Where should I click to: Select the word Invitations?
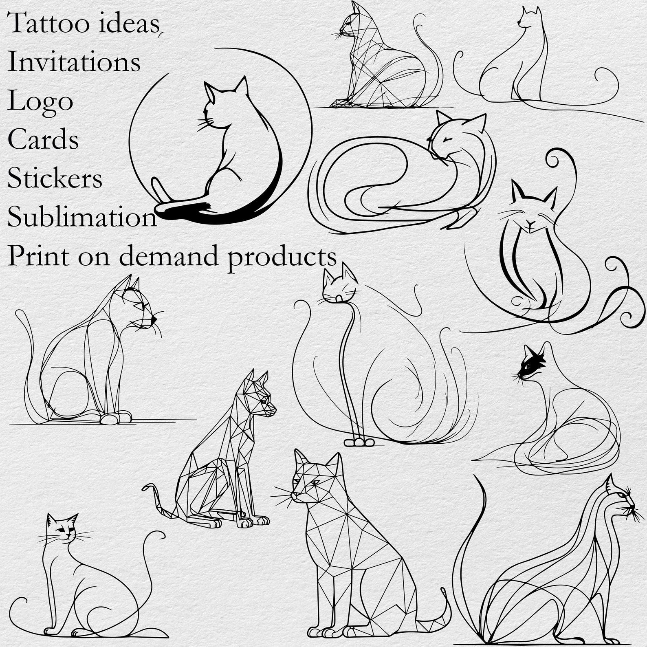point(74,62)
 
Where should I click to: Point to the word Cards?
point(43,139)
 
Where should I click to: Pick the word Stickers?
point(55,178)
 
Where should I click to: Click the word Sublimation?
point(82,217)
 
